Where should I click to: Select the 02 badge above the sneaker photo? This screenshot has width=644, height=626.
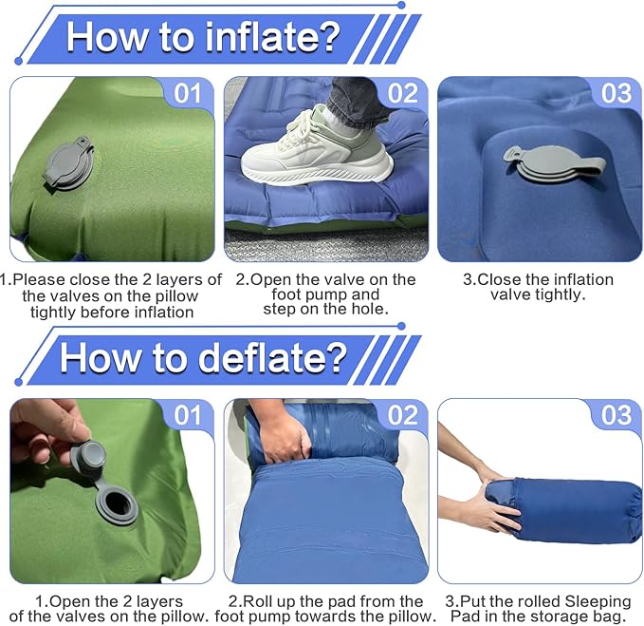tap(403, 93)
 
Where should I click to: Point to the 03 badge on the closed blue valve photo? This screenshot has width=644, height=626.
tap(616, 93)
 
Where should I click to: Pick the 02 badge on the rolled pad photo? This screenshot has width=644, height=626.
tap(403, 415)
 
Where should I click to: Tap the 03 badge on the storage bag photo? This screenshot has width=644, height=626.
tap(616, 415)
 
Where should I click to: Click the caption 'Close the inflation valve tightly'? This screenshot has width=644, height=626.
tap(538, 287)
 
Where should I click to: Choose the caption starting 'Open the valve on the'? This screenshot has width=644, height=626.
tap(325, 287)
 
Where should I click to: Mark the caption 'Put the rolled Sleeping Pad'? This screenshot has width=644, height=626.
tap(538, 609)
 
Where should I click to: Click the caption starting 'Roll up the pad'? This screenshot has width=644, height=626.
tap(325, 609)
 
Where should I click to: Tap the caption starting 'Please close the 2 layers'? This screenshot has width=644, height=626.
tap(111, 294)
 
